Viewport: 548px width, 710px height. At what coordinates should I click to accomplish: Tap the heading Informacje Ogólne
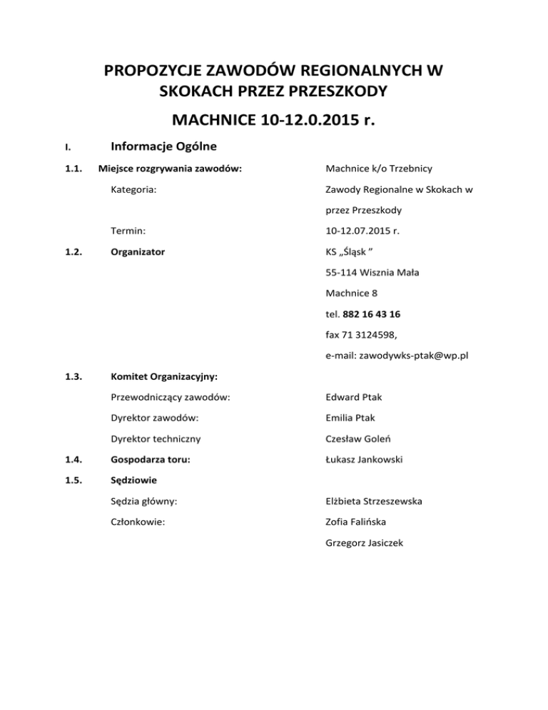click(164, 148)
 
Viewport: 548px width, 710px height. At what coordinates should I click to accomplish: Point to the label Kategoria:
click(134, 191)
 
